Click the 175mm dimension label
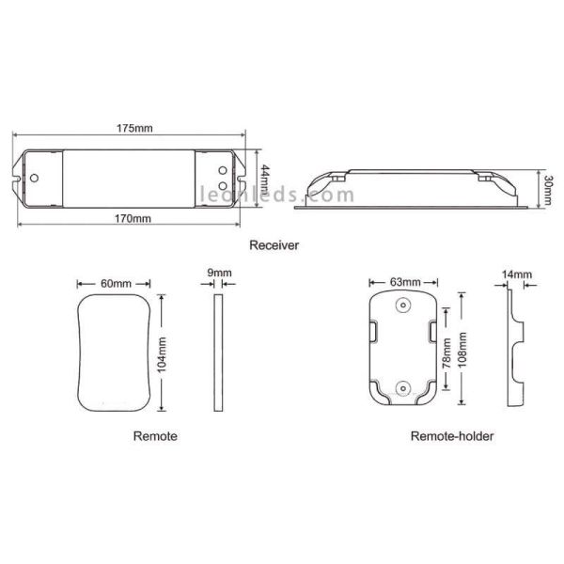[134, 129]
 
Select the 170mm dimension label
[133, 219]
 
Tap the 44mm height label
[265, 179]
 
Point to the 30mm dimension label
[547, 190]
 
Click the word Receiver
[274, 245]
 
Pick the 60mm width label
[116, 284]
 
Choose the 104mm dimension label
[163, 354]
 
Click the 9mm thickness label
[219, 273]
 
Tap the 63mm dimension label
[405, 282]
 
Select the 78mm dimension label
[446, 353]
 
